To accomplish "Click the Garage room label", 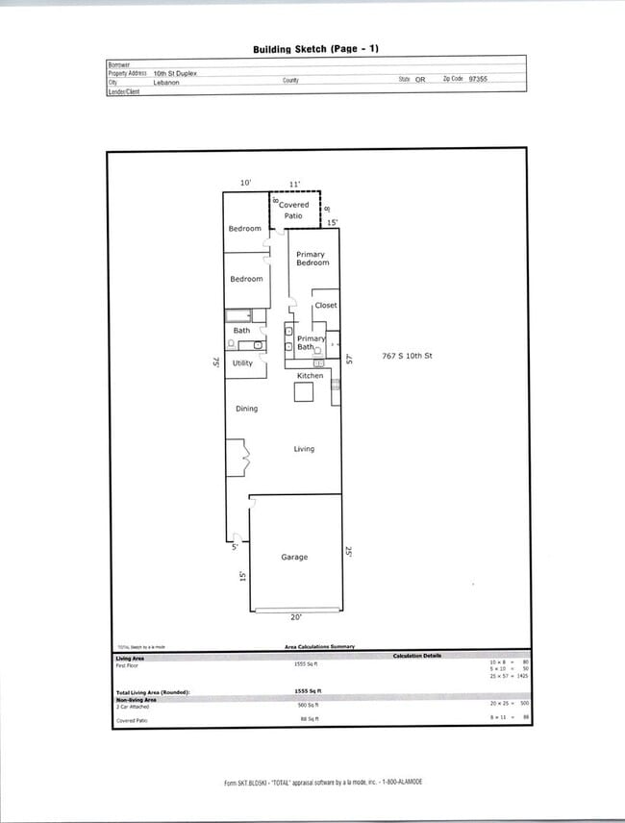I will [293, 557].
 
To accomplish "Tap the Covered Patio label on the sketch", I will [293, 211].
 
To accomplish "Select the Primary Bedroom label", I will [312, 259].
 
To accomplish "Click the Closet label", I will [326, 306].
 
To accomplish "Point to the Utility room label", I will [242, 363].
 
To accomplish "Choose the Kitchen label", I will [310, 375].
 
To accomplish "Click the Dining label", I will [246, 410].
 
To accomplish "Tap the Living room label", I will [304, 449].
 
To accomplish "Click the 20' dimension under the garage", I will [296, 617].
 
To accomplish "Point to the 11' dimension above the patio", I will [294, 183].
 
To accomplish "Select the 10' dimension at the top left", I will [245, 183].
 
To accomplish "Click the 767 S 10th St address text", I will [408, 357].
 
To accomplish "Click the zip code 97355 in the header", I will [478, 79].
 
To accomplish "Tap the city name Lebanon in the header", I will [166, 83].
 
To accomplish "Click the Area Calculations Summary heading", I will [319, 647].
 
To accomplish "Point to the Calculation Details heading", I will [417, 656].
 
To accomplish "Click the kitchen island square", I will [304, 392].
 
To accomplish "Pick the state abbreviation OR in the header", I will [420, 80].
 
